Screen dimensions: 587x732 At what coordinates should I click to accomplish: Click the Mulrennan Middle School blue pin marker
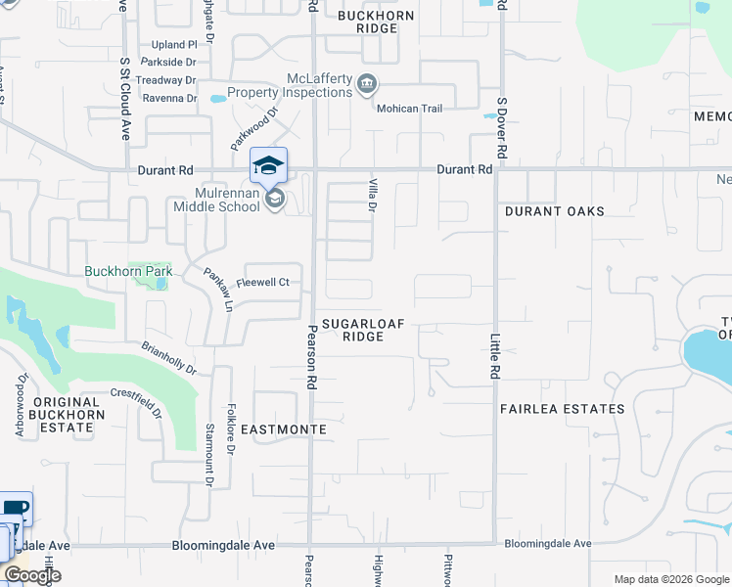269,165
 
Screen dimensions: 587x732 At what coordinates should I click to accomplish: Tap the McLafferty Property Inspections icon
365,83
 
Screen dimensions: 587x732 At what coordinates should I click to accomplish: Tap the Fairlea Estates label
562,409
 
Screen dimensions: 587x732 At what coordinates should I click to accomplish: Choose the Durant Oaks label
554,211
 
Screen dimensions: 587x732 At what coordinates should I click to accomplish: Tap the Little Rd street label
494,356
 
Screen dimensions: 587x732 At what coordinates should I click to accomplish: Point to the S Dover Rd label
502,128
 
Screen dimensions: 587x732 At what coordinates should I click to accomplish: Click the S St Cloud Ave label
125,98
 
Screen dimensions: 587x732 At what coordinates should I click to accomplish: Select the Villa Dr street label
373,195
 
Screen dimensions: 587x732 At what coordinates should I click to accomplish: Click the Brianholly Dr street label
168,358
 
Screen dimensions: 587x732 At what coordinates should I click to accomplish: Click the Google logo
31,575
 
